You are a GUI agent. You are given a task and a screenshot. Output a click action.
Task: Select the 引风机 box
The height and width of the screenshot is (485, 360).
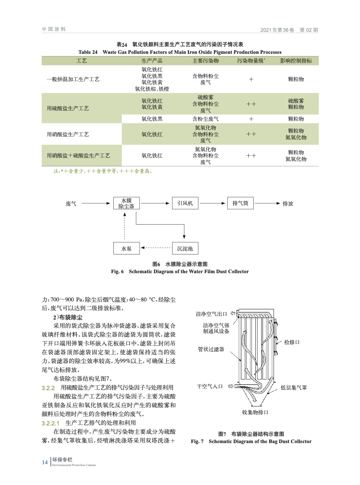pos(185,203)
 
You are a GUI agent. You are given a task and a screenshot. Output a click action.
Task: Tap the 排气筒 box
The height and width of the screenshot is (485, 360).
pos(241,203)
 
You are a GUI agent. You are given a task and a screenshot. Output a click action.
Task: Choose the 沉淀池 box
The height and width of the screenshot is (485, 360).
pos(185,249)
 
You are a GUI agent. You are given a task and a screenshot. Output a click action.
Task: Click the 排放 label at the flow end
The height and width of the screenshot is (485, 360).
pos(288,204)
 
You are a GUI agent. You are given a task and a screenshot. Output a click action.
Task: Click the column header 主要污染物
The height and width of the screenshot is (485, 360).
pos(206,61)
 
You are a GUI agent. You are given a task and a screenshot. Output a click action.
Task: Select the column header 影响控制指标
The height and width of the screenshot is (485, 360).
pos(296,61)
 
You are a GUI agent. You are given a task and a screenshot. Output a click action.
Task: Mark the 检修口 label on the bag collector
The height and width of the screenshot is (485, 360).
pos(292,342)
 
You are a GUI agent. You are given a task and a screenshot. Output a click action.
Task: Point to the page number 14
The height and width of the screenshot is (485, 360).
pos(44,462)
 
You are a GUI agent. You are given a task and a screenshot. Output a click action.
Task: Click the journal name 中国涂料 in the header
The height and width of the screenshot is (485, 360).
pos(54,29)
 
